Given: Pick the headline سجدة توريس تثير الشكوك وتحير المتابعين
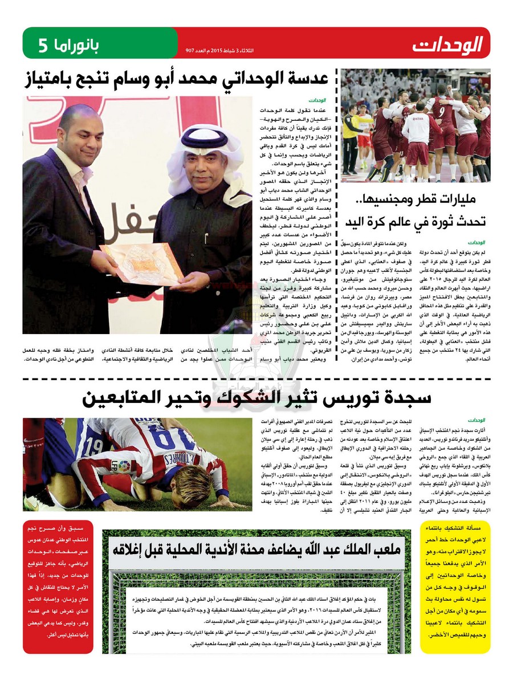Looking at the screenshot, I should (x=256, y=398).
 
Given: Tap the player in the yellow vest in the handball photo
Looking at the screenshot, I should (x=349, y=137).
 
